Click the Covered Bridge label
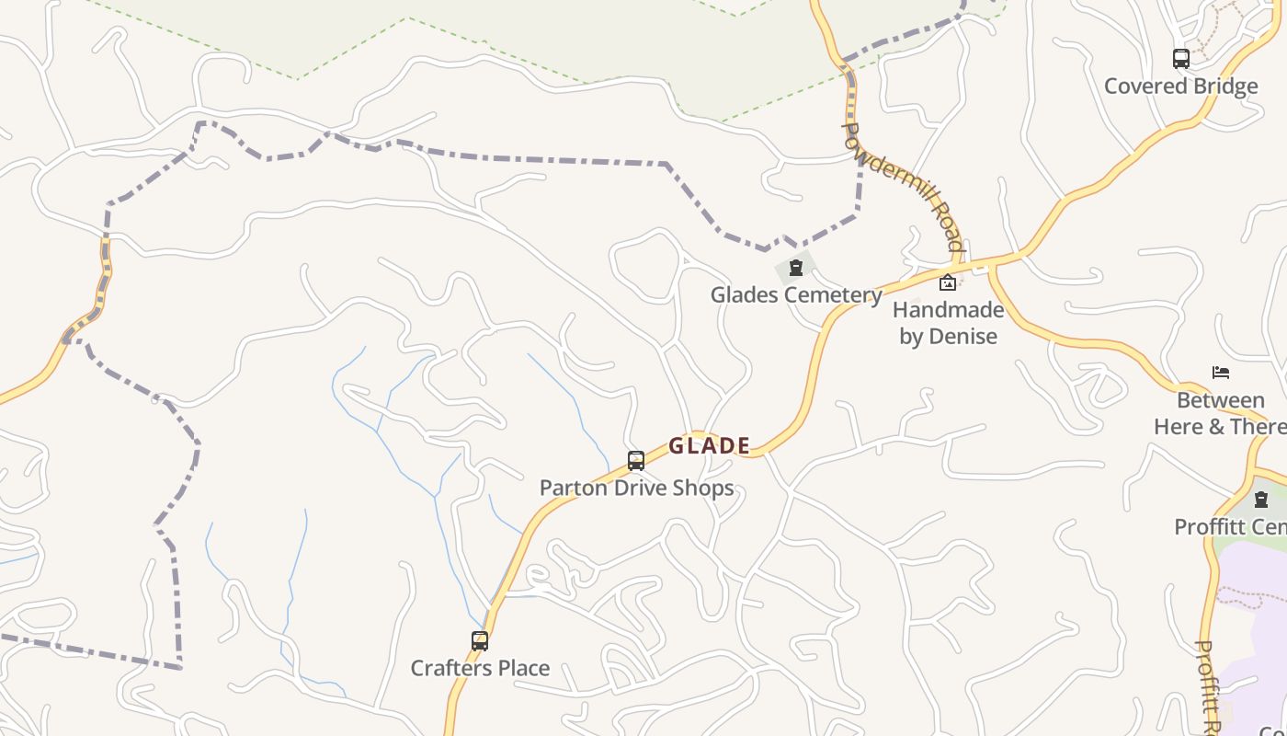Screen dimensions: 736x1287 coord(1180,86)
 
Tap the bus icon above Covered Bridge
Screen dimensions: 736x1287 coord(1181,59)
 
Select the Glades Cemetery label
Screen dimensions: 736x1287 coord(796,295)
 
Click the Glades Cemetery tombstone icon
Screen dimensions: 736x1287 coord(796,269)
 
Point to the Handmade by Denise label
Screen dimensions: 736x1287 coord(948,323)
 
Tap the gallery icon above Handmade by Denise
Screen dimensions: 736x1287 coord(947,282)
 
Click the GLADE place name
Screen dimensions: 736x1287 coord(709,446)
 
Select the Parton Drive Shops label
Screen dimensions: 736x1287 coord(636,488)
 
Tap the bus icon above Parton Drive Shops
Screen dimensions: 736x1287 coord(636,460)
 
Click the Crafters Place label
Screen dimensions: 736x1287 coord(480,669)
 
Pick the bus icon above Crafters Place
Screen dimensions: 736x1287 coord(480,641)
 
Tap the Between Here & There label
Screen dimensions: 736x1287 coord(1221,414)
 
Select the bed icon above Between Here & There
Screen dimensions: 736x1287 coord(1221,373)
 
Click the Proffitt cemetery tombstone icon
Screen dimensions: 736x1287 coord(1261,500)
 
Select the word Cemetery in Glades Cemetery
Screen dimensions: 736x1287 coord(837,295)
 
